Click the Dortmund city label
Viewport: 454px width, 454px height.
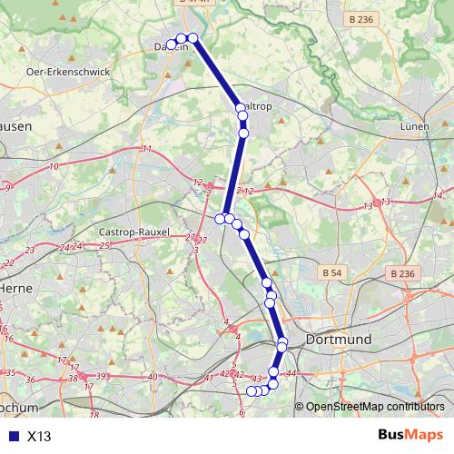point(339,339)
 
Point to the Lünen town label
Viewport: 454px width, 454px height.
point(414,127)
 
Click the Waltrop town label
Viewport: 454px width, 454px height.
point(255,106)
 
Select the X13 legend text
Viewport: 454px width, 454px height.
point(39,436)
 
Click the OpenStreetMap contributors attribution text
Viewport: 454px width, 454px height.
point(374,408)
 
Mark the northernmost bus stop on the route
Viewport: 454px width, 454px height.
point(192,37)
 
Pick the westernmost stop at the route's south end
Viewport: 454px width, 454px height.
point(252,391)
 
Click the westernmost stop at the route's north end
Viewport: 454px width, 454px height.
point(171,44)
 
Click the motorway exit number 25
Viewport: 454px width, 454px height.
point(104,245)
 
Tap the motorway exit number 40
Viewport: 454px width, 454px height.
point(153,377)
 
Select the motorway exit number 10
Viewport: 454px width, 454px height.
point(54,166)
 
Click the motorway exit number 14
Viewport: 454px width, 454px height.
point(438,195)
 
